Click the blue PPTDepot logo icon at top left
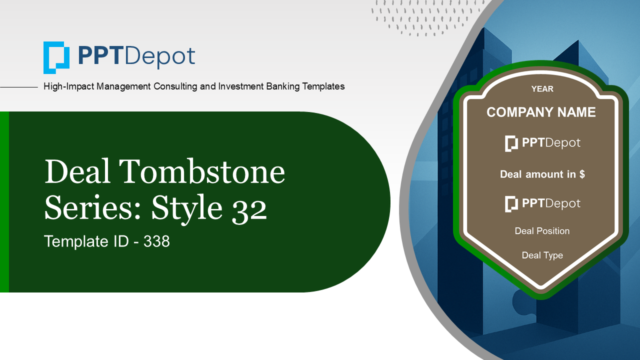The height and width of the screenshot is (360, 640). pyautogui.click(x=56, y=57)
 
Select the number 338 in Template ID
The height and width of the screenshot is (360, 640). pyautogui.click(x=156, y=242)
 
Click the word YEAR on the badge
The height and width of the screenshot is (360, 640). pyautogui.click(x=542, y=89)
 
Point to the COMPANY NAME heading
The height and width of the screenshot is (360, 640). pyautogui.click(x=541, y=112)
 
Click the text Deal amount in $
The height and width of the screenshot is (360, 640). pyautogui.click(x=542, y=174)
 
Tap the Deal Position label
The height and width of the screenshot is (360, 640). pyautogui.click(x=542, y=231)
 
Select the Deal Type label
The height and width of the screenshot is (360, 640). pyautogui.click(x=542, y=255)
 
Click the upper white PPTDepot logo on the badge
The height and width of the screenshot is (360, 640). pyautogui.click(x=542, y=143)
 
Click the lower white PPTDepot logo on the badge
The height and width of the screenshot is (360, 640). pyautogui.click(x=542, y=203)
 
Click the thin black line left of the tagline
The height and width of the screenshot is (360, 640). pyautogui.click(x=19, y=87)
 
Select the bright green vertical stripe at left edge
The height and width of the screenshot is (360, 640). pyautogui.click(x=4, y=202)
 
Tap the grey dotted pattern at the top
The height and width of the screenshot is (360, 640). pyautogui.click(x=425, y=17)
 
